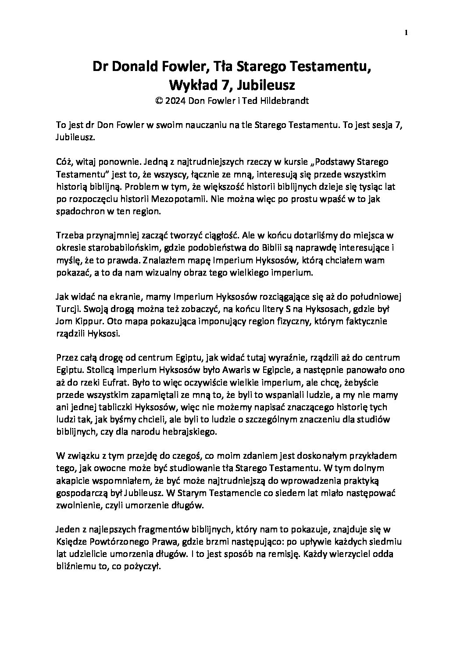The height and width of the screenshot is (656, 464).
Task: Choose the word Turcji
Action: coord(68,309)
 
